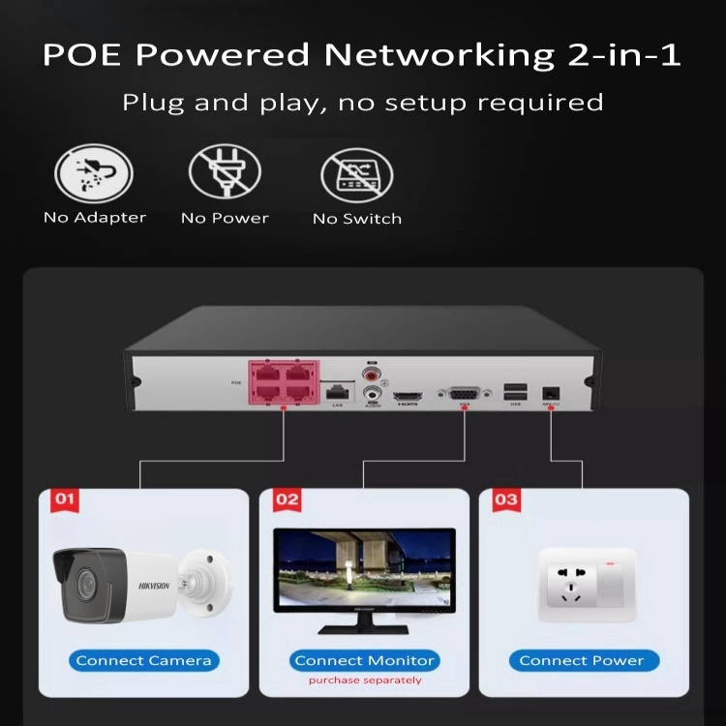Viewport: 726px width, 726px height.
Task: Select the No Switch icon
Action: click(x=356, y=174)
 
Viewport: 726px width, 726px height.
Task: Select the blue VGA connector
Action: click(x=463, y=393)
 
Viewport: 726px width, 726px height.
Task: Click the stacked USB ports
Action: click(x=516, y=391)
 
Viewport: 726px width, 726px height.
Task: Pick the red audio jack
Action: click(x=370, y=373)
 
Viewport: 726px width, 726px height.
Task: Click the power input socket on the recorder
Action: click(x=551, y=392)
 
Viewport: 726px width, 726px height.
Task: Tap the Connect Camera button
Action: click(x=143, y=661)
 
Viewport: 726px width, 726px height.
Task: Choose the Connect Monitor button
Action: click(x=364, y=661)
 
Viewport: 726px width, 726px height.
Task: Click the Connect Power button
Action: click(x=582, y=661)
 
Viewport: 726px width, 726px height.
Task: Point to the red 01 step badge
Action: click(x=65, y=499)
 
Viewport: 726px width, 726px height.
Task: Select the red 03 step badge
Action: click(x=505, y=499)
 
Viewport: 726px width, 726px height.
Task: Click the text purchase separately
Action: click(x=365, y=681)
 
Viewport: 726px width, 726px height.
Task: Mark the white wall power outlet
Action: click(x=578, y=584)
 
